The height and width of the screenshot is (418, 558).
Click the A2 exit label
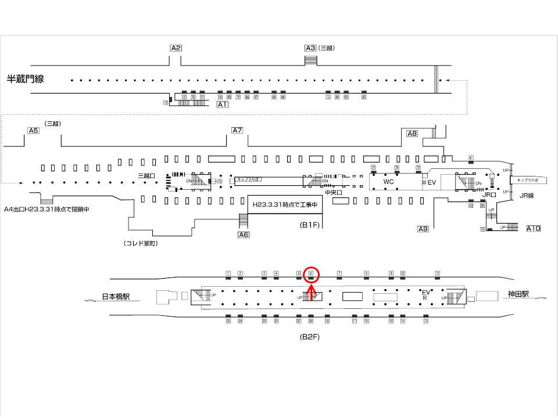tap(176, 48)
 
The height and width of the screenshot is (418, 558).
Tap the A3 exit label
tap(310, 48)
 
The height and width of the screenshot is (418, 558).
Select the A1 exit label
tap(223, 105)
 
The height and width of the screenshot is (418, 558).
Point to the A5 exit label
tap(33, 131)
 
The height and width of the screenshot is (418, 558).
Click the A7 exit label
tap(237, 130)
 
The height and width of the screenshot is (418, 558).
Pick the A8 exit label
tap(412, 134)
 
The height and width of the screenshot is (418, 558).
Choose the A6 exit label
tap(244, 235)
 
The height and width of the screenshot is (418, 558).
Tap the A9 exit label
tap(423, 229)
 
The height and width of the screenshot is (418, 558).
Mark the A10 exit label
tap(533, 228)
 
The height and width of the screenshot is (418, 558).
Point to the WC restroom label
tap(389, 182)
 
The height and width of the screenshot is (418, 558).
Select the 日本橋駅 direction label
tap(116, 296)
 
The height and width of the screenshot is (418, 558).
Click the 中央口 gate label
tap(332, 192)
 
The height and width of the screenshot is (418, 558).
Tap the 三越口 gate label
tap(146, 175)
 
